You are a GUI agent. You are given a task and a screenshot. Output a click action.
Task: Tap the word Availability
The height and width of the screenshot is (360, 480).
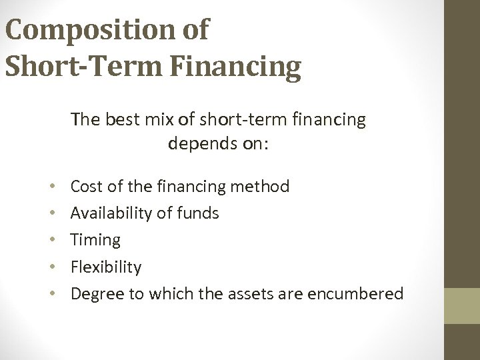coord(110,213)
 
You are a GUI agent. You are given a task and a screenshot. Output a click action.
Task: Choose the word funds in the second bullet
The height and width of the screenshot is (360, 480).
coord(199,213)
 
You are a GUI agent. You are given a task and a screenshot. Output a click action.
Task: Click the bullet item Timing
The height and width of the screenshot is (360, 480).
coord(95,240)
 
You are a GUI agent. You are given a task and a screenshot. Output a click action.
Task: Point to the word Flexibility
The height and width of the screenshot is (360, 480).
coord(106,267)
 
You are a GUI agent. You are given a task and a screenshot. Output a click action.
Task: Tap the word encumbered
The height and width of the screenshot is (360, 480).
coord(363,293)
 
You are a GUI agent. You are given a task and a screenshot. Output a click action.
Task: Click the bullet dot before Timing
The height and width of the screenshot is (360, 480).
coord(51,240)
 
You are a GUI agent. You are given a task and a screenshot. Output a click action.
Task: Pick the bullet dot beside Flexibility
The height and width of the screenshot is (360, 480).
coord(51,267)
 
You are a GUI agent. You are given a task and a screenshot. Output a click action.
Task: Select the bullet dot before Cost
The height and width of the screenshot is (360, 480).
coord(51,186)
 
